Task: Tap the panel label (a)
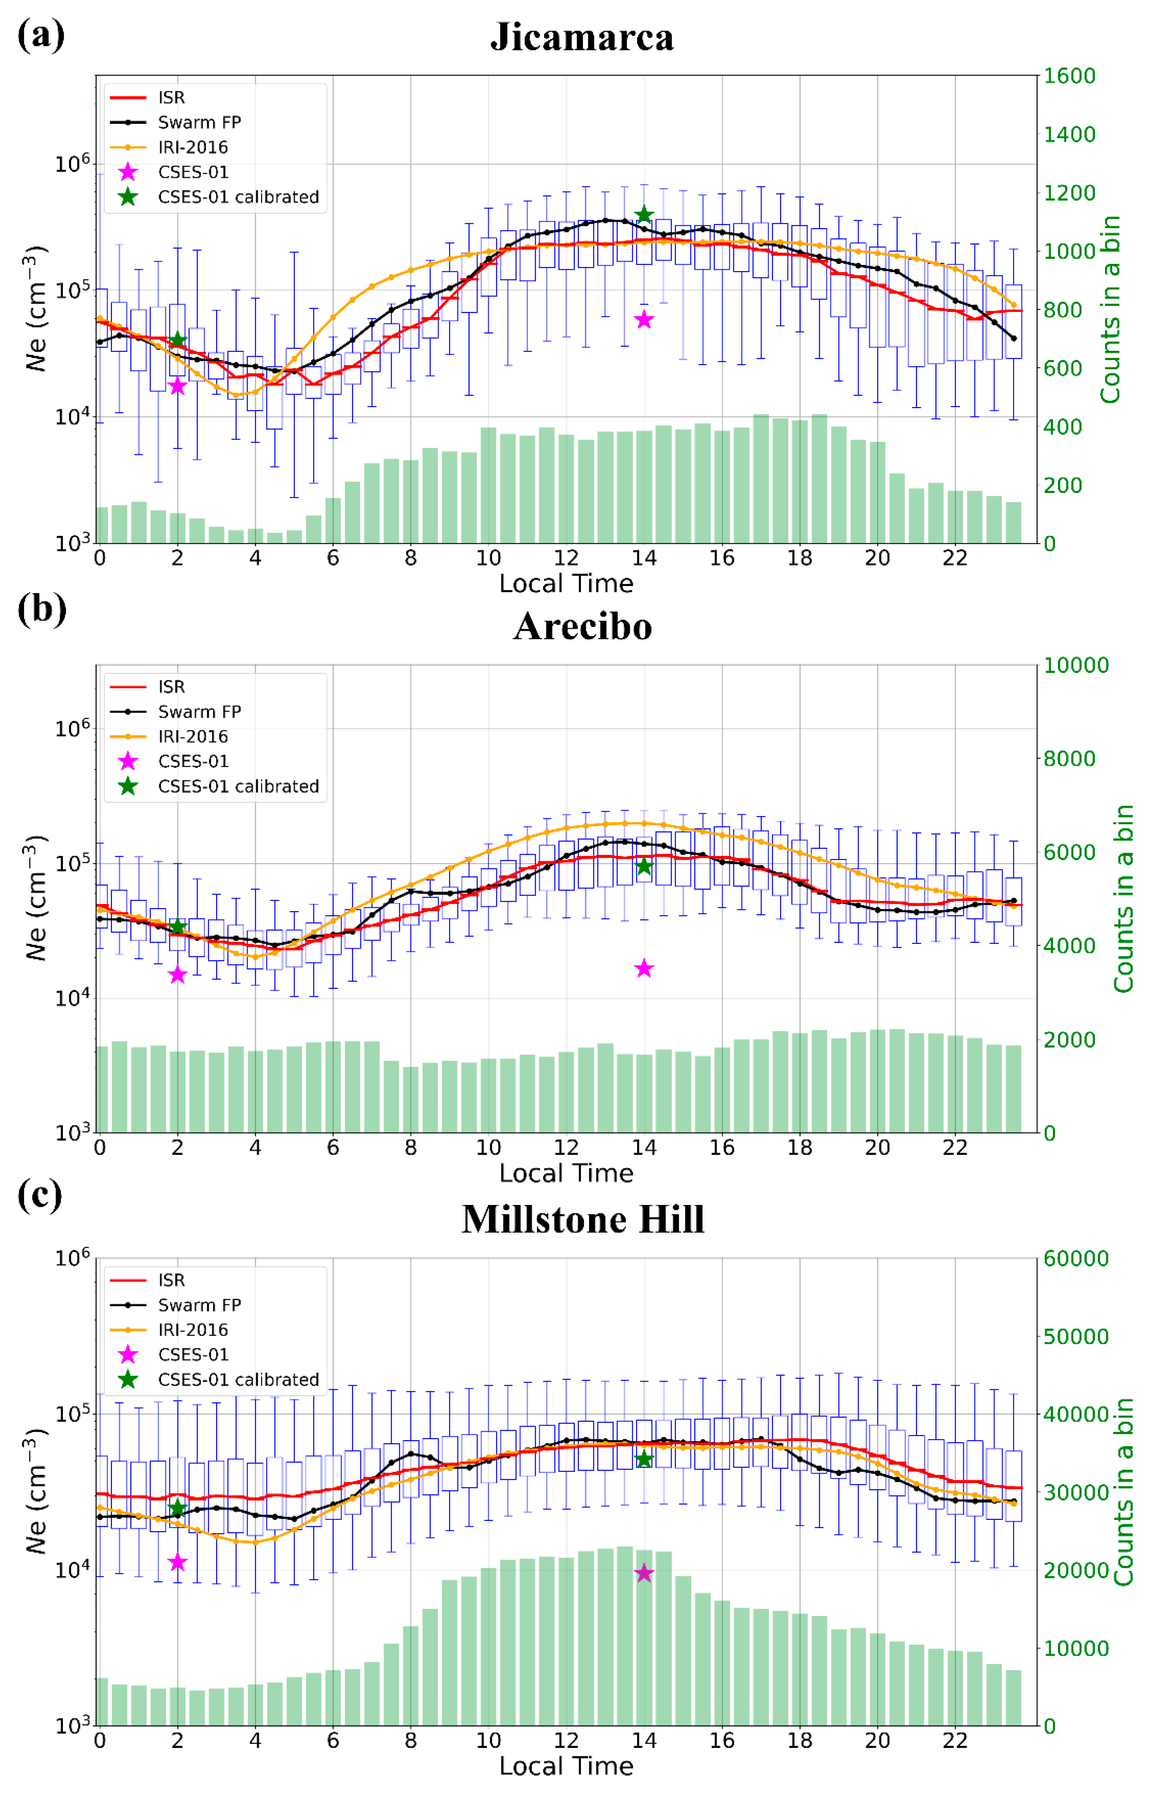[41, 35]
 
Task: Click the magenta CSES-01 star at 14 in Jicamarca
[644, 320]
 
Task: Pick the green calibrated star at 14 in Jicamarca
[644, 215]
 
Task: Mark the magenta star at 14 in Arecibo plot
[644, 969]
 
